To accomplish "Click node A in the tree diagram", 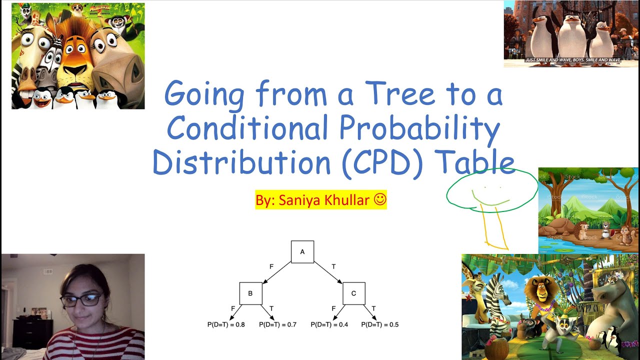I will pos(302,251).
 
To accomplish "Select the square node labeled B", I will pos(250,293).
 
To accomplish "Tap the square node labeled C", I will pos(353,293).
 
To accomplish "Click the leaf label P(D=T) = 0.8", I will pos(226,324).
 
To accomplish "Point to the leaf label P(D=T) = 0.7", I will pos(277,324).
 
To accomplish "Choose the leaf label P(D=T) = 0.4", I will pos(329,324).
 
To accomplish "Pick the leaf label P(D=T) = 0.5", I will pos(380,324).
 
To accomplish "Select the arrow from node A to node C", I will pos(327,272).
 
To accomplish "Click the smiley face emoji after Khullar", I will pos(380,200).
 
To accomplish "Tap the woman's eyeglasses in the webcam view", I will pos(81,300).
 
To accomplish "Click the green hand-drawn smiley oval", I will pos(491,188).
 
